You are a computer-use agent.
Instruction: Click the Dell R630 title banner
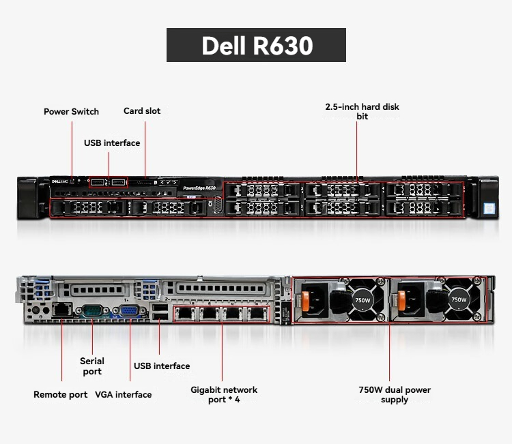(x=256, y=45)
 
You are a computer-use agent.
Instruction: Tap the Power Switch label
(x=71, y=112)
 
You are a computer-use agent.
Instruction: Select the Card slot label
(x=142, y=111)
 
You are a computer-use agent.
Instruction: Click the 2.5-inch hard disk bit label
(x=362, y=112)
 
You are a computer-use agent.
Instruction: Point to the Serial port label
(x=92, y=366)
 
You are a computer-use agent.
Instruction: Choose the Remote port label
(x=60, y=394)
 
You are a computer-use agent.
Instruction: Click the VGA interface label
(x=124, y=394)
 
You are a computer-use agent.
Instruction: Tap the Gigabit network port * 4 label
(x=224, y=394)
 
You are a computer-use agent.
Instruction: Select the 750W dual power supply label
(x=395, y=394)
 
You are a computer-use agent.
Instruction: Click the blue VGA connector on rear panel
(x=130, y=310)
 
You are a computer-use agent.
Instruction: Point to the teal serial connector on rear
(x=93, y=310)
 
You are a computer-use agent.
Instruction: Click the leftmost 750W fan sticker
(x=362, y=300)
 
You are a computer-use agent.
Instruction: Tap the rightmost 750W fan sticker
(x=459, y=299)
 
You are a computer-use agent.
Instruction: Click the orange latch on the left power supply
(x=305, y=301)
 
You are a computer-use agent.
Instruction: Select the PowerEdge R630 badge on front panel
(x=199, y=188)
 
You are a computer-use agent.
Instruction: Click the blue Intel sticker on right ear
(x=489, y=208)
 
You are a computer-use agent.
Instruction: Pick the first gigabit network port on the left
(x=185, y=314)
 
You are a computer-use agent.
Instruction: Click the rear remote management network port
(x=62, y=310)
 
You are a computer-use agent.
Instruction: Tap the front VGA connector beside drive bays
(x=218, y=205)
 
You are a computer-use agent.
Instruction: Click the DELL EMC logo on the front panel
(x=60, y=181)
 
